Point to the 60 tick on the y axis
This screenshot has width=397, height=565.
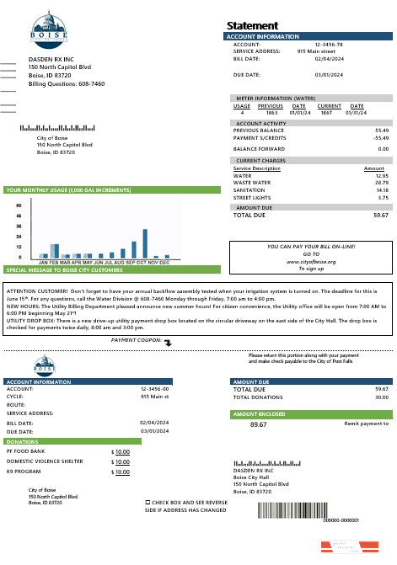coord(19,205)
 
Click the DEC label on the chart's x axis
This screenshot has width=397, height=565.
coord(164,263)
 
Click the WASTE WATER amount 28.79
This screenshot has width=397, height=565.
coord(381,182)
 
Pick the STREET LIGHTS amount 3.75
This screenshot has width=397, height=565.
coord(383,197)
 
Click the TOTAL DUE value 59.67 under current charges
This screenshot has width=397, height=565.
coord(381,216)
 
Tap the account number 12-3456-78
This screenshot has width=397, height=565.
coord(328,44)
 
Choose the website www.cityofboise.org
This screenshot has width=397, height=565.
coord(311,262)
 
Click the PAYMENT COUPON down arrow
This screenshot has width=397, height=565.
coord(167,342)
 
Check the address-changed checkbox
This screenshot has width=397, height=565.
coord(148,501)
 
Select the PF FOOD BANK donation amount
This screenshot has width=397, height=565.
coord(122,452)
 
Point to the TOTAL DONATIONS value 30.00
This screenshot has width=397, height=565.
coord(381,397)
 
